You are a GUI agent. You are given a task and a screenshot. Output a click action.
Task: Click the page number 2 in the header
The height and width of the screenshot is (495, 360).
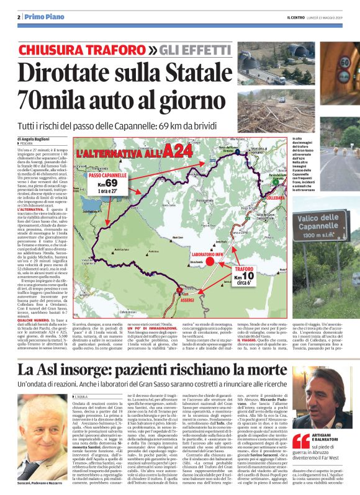pyautogui.click(x=19, y=17)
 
